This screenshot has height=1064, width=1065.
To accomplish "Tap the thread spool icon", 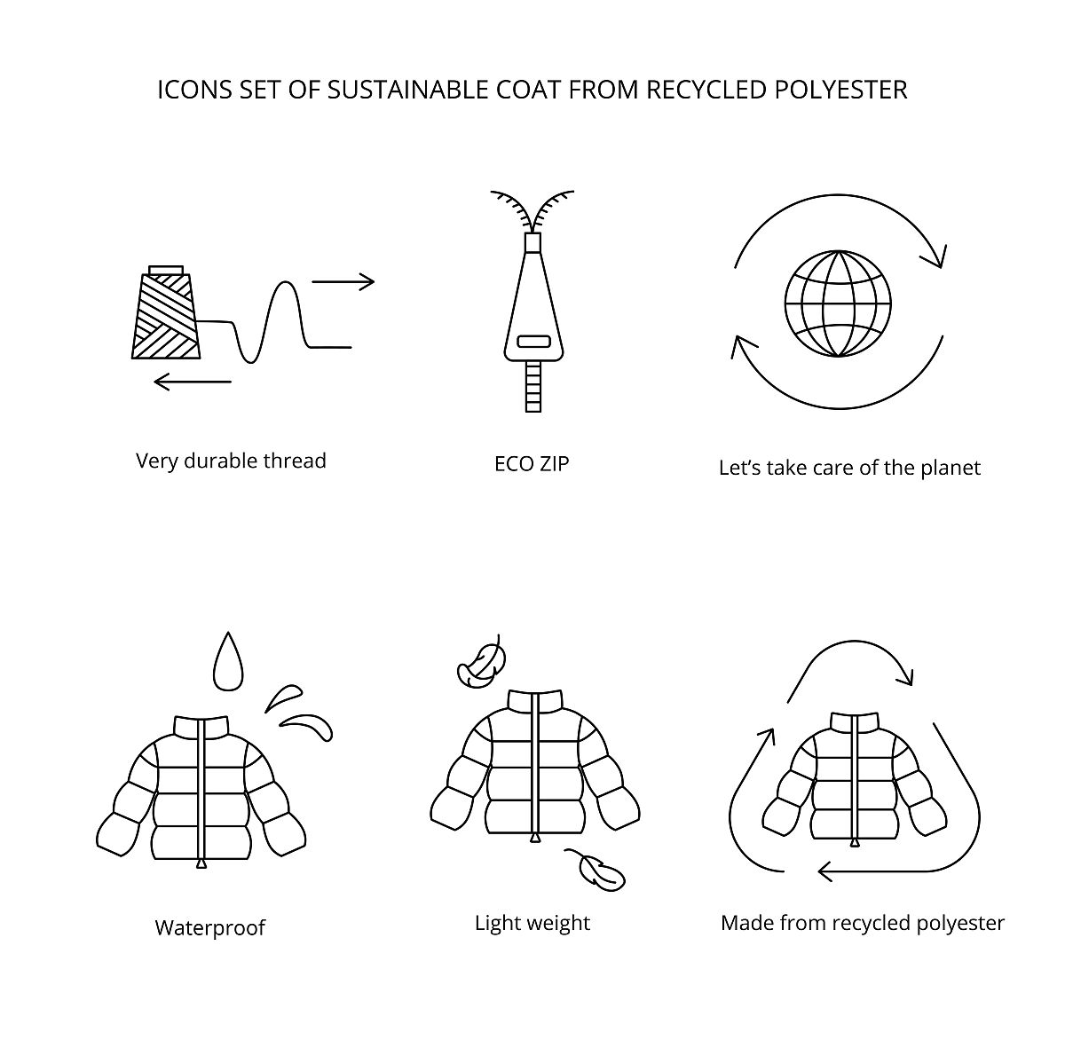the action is (166, 312).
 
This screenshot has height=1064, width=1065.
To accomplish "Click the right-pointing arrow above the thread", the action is (343, 282).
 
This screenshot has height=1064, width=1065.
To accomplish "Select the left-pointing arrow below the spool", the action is (193, 382).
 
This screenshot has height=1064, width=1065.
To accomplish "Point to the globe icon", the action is (839, 303).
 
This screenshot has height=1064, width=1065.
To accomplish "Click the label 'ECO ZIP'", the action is (532, 464).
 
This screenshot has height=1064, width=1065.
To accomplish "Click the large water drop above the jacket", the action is (228, 662).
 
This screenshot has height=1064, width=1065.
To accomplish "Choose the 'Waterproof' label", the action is (210, 927).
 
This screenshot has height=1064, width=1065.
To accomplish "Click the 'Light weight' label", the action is (532, 923).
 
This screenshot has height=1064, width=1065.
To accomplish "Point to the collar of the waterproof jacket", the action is (201, 727).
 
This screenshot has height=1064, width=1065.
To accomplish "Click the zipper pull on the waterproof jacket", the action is (201, 863).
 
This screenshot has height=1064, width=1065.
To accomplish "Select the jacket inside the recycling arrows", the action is (855, 780).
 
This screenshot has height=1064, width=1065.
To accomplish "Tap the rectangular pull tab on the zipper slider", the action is (533, 342).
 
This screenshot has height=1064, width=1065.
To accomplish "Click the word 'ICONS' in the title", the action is (194, 90).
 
